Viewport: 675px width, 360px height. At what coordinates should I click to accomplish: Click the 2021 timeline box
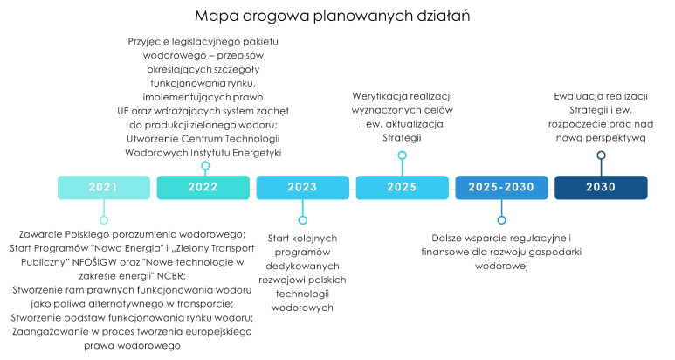[103, 188]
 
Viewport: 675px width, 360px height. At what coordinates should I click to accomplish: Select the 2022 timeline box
[203, 188]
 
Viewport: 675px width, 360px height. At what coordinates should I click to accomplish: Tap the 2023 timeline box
[302, 188]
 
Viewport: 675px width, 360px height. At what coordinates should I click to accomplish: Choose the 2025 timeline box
[402, 188]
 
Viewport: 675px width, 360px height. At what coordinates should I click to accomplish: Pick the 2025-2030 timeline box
[501, 188]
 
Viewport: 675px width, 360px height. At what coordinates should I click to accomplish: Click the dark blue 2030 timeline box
[601, 188]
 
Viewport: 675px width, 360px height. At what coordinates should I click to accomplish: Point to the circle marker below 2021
[104, 220]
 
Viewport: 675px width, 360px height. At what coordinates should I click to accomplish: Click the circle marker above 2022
[205, 165]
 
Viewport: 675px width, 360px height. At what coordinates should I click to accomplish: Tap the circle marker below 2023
[303, 220]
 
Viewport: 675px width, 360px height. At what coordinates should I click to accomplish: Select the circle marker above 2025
[403, 156]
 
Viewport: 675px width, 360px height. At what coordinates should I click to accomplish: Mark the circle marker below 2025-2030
[501, 220]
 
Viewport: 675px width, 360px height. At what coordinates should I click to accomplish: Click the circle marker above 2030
[601, 156]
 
